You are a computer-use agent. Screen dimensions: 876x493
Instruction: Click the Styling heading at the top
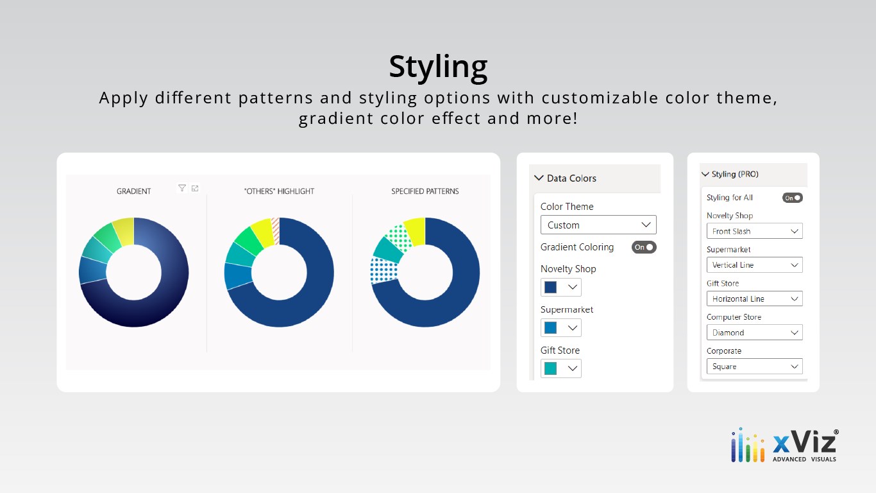438,67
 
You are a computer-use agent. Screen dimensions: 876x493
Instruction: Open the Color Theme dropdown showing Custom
598,225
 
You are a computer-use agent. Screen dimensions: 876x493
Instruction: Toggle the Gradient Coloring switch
644,247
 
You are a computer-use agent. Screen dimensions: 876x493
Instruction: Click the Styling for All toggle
792,198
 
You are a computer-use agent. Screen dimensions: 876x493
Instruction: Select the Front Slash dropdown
754,231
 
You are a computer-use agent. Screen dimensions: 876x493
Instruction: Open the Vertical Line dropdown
754,264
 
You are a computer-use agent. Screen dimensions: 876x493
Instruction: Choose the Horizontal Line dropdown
754,298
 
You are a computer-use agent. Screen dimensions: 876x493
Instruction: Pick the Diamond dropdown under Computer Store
754,332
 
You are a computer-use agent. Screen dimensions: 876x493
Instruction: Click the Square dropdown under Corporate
754,366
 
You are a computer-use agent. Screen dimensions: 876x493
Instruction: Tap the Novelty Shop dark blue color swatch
551,287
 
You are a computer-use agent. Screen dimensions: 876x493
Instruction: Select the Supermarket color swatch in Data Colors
551,328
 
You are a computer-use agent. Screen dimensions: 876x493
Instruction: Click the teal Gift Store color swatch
551,368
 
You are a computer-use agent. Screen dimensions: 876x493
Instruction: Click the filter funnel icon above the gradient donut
182,188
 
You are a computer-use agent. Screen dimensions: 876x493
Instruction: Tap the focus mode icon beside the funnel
195,188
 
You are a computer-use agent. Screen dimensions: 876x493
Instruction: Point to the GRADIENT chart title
134,191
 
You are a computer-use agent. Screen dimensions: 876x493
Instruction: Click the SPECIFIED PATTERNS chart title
425,191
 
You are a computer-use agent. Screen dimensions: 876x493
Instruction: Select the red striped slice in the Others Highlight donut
276,231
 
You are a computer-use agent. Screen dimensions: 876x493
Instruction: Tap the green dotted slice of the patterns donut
399,238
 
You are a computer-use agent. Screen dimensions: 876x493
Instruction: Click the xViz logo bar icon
748,445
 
